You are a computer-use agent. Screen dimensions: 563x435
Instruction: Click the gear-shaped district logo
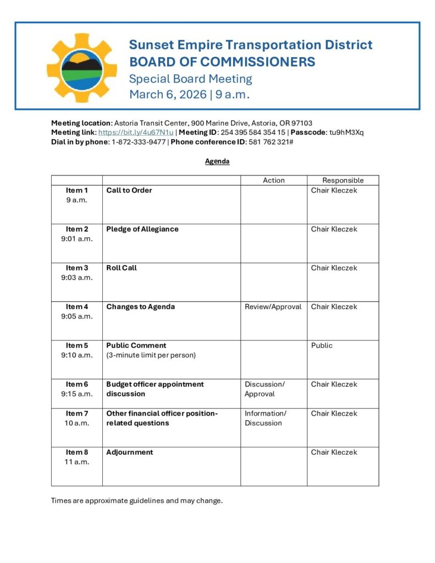82,68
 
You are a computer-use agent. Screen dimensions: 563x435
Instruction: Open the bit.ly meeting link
136,133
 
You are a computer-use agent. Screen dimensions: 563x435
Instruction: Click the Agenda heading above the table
217,162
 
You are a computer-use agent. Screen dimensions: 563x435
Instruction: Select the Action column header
274,180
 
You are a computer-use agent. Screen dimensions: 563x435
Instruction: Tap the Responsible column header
343,180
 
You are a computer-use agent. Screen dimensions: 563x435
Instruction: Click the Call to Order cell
129,190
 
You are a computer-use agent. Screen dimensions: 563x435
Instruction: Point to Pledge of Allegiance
142,229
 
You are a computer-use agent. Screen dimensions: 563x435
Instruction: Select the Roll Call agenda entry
122,268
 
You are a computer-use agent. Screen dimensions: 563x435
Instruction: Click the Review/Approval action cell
273,307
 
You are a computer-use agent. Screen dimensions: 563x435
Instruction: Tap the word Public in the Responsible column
322,345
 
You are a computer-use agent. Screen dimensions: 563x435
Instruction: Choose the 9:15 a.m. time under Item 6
77,394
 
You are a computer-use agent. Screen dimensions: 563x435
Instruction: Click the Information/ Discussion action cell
265,418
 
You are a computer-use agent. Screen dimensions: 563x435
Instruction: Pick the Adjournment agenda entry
130,452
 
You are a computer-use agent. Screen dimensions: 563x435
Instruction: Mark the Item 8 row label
77,452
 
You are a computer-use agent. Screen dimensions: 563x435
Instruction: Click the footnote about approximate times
137,501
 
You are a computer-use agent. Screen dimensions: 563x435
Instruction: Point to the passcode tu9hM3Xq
346,133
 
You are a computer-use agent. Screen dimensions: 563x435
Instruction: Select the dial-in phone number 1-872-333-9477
139,142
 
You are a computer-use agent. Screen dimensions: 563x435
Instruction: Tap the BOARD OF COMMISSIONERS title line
222,62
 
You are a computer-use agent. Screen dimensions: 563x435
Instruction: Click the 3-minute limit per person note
151,355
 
